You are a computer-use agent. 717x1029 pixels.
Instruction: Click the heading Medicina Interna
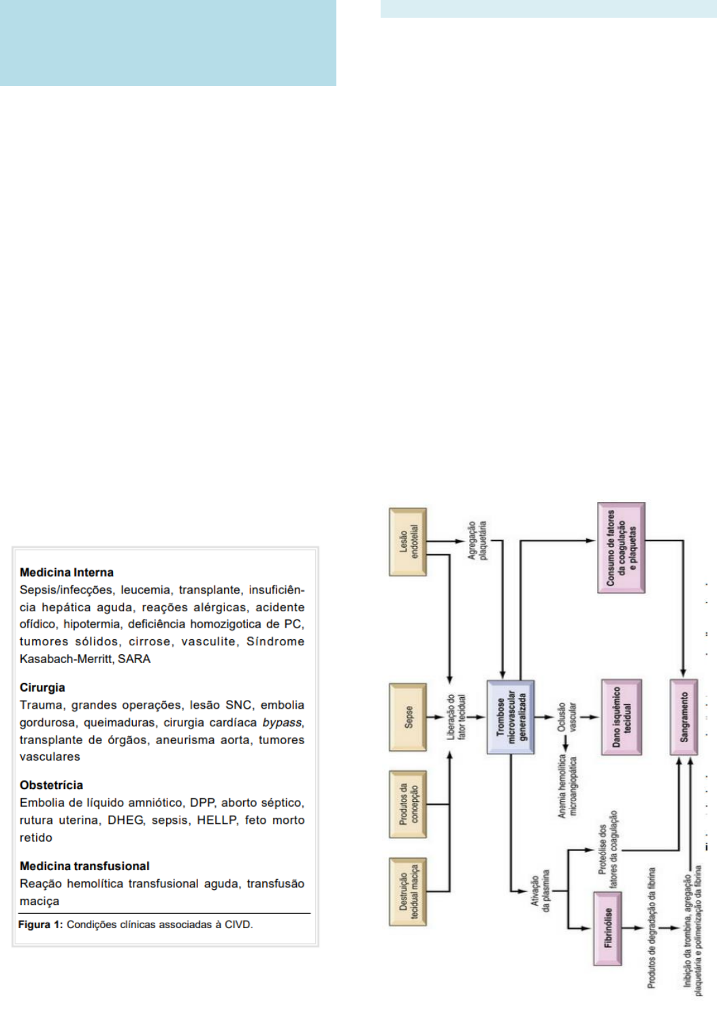click(67, 572)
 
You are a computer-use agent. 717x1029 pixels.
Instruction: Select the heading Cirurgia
click(42, 688)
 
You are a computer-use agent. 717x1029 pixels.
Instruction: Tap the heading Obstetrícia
click(51, 785)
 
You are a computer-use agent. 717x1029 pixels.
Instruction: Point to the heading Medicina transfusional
click(84, 866)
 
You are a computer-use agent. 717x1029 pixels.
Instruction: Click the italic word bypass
click(282, 722)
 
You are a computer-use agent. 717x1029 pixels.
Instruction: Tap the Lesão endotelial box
click(408, 542)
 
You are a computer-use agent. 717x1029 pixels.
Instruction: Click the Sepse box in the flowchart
click(408, 717)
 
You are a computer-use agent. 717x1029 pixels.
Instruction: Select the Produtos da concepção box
click(408, 804)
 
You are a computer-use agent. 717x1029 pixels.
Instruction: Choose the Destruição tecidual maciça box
click(408, 891)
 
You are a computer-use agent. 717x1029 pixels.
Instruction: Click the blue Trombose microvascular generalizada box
click(511, 717)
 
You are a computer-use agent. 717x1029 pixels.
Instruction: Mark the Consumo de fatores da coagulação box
click(621, 548)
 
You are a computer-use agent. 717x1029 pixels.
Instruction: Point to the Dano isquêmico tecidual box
click(621, 717)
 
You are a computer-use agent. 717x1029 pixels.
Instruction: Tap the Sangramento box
click(684, 717)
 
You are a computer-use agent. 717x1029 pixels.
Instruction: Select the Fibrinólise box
click(607, 927)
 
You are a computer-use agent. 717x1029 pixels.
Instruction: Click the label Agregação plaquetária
click(477, 541)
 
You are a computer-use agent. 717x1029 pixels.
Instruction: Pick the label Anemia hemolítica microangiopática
click(567, 786)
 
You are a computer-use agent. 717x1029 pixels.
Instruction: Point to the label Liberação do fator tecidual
click(456, 717)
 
